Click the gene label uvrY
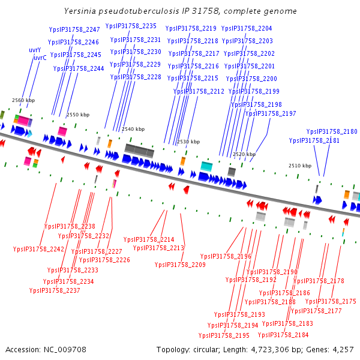35,50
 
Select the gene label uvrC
40,58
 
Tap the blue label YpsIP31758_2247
74,29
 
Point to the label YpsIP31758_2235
131,26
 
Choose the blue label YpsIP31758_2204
247,28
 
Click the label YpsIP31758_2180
332,131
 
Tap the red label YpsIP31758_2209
180,265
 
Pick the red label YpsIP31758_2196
226,256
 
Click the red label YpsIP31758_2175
331,301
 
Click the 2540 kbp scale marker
133,129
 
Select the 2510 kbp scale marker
299,166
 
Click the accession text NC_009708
46,349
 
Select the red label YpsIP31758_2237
55,290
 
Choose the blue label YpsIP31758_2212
199,91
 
